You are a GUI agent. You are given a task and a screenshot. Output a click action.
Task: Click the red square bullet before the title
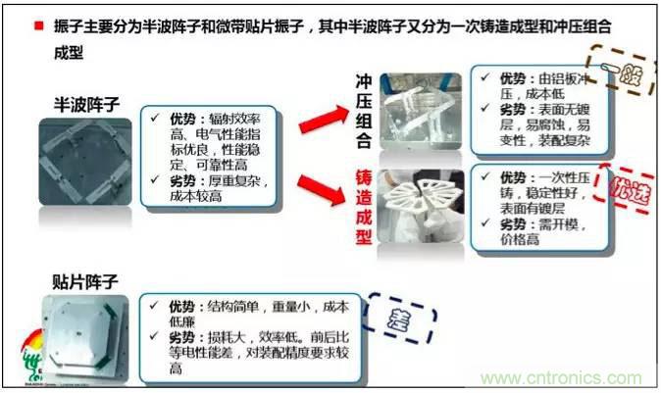(38, 26)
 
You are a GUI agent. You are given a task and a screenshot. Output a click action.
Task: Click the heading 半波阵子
(86, 102)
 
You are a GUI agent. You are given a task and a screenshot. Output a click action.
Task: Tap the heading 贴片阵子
(86, 281)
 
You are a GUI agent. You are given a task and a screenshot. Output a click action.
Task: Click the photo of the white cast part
(421, 205)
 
